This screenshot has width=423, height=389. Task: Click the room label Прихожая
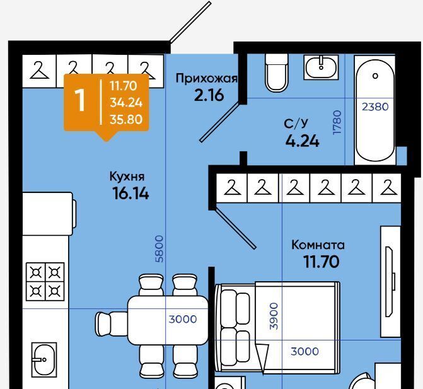[207, 79]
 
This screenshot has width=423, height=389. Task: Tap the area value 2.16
[209, 95]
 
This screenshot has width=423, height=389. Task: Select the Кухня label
[127, 177]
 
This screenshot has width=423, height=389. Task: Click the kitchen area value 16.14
[130, 194]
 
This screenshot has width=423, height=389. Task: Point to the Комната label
[318, 245]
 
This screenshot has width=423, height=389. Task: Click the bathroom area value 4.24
[303, 141]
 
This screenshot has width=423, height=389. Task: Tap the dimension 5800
[159, 249]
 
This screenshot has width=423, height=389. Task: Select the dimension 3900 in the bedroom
[274, 316]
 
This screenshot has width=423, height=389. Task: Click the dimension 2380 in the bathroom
[375, 107]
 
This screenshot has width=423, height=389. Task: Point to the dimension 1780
[337, 122]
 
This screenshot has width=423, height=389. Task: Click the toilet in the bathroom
[277, 73]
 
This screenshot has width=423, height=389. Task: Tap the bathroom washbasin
[321, 67]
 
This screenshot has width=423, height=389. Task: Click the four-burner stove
[45, 282]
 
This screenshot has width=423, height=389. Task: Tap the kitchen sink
[44, 360]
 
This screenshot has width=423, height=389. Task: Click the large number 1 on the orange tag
[80, 100]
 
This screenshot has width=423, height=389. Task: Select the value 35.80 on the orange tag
[126, 120]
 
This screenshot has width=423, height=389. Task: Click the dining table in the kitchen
[168, 320]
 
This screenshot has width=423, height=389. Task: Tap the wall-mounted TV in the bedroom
[390, 282]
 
